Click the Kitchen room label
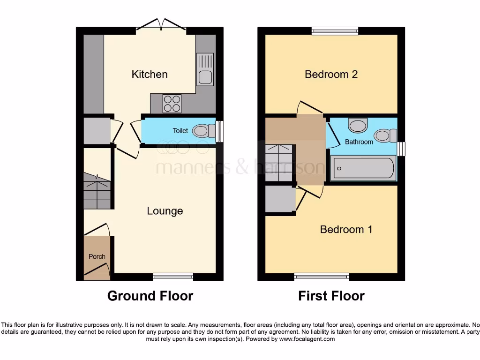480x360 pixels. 149,74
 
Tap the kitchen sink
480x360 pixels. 205,69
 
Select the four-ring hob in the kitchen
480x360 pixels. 172,103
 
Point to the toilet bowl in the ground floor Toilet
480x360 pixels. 202,131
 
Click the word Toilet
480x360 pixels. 180,131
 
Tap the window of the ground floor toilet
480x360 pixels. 219,131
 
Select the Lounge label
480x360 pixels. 165,211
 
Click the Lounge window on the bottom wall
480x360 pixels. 173,277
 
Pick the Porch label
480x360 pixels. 97,256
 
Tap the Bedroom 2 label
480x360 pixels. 331,74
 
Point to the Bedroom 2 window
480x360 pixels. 335,31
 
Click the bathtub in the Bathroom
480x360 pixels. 363,168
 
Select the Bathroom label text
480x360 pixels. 359,142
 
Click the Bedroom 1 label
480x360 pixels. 346,229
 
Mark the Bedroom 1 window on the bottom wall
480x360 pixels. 322,277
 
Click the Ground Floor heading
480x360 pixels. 150,296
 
